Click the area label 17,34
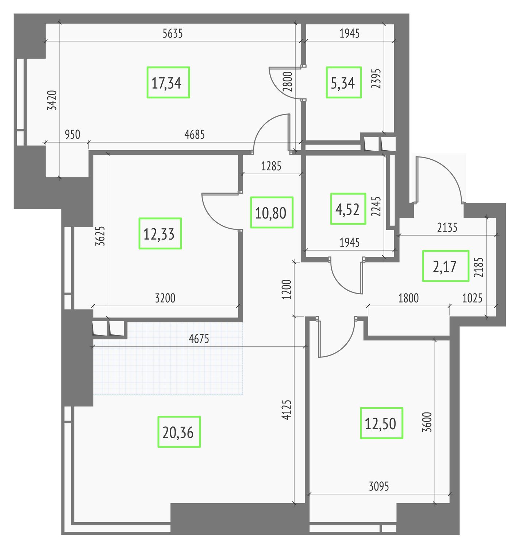pos(168,82)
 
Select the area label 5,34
pos(343,82)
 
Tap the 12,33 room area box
pos(160,233)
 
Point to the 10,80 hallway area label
pos(271,213)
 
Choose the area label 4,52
pos(348,209)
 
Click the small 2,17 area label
pos(445,266)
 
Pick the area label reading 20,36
pos(179,432)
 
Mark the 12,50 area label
pos(381,423)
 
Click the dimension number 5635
pos(173,34)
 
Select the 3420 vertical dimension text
pos(52,100)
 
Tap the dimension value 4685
pos(195,135)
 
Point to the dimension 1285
pos(271,166)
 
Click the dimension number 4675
pos(199,339)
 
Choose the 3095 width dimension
pos(379,486)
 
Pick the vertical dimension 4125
pos(287,410)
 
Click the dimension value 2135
pos(447,228)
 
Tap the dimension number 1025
pos(472,298)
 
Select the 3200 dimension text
pos(165,298)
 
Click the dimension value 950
pos(72,135)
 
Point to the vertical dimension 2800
pos(288,82)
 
